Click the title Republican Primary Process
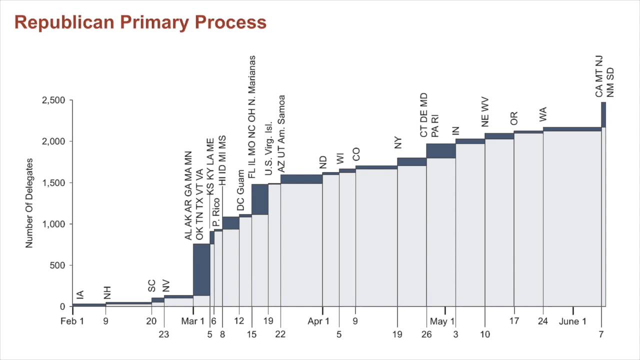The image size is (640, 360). pos(140,22)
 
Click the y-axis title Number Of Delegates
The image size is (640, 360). pos(29,203)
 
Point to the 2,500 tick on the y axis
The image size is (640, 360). pos(53,100)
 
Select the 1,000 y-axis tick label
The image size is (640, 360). pos(53,224)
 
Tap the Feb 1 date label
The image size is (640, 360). pos(72,321)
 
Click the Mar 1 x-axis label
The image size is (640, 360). pos(192,321)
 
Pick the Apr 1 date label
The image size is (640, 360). pos(318,321)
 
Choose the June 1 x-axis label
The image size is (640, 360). pos(572,321)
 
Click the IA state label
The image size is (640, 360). pos(80,295)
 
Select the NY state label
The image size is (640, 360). pos(398,142)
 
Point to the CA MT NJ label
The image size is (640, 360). pos(599,76)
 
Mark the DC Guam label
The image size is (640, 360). pos(241,190)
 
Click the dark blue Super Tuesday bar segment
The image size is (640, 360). pos(201,269)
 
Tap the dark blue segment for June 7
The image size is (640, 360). pos(603,114)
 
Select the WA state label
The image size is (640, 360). pos(543,114)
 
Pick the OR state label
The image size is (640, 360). pos(514,118)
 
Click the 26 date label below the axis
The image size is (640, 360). pos(426,334)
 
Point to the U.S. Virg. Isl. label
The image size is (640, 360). pos(268,148)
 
